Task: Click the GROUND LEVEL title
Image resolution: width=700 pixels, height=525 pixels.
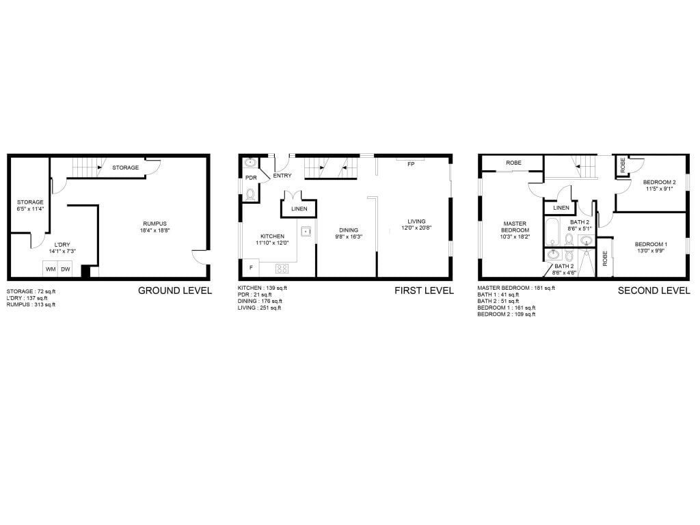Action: click(x=174, y=291)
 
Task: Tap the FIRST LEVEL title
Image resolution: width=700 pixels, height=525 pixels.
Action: click(x=424, y=291)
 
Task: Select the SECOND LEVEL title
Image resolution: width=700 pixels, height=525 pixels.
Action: click(x=654, y=291)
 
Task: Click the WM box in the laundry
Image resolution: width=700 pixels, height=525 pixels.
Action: click(x=51, y=269)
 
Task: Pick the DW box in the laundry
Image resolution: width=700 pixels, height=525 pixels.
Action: click(x=66, y=269)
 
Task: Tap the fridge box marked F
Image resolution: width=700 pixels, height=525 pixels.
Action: click(x=252, y=268)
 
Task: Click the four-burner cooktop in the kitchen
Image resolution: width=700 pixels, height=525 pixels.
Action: click(x=282, y=269)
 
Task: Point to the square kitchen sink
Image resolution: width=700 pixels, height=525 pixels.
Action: click(x=306, y=231)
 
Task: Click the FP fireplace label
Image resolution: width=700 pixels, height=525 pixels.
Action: click(x=411, y=164)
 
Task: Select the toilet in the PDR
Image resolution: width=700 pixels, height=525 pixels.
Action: click(x=250, y=194)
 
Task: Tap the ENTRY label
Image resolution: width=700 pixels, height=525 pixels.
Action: click(x=282, y=176)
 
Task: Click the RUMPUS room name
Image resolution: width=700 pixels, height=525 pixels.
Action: click(x=155, y=224)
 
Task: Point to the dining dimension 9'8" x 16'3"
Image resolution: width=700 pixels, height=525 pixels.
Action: click(x=349, y=237)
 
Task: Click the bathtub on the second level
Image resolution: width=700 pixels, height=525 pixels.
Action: click(x=552, y=232)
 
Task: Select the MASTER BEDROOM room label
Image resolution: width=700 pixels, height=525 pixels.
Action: click(x=515, y=227)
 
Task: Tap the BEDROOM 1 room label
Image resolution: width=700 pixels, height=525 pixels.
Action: click(x=651, y=244)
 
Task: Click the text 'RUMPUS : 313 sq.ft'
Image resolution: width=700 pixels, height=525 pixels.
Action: click(x=31, y=304)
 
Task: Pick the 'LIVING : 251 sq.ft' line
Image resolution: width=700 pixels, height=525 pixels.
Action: click(x=259, y=308)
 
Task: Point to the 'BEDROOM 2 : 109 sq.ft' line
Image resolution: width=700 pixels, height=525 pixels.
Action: click(x=507, y=314)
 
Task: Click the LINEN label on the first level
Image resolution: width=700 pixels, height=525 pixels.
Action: click(x=299, y=208)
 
